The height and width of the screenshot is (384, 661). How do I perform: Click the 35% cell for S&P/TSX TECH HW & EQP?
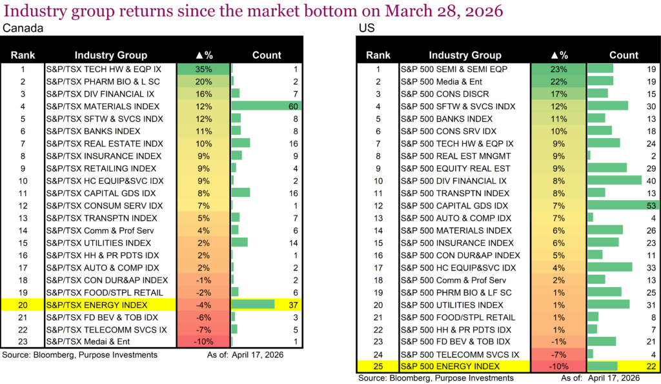coord(203,69)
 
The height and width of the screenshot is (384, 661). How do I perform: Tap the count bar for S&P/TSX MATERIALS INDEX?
coord(265,106)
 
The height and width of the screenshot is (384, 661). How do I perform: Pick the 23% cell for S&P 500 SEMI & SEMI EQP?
coord(558,69)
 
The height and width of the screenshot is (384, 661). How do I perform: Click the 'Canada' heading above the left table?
coord(19,29)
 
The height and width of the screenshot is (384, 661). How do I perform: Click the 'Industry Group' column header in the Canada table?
coord(110,55)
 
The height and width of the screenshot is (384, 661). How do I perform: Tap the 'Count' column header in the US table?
coord(623,55)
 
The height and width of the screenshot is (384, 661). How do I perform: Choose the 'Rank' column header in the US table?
coord(378,55)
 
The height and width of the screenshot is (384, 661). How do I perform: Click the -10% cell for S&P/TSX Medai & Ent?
coord(203,341)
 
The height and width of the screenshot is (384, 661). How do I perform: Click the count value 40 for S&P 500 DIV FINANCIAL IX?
coord(650,181)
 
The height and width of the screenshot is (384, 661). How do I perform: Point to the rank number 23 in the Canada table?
coord(23,341)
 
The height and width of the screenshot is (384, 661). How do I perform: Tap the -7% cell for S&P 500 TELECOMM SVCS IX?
coord(558,354)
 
